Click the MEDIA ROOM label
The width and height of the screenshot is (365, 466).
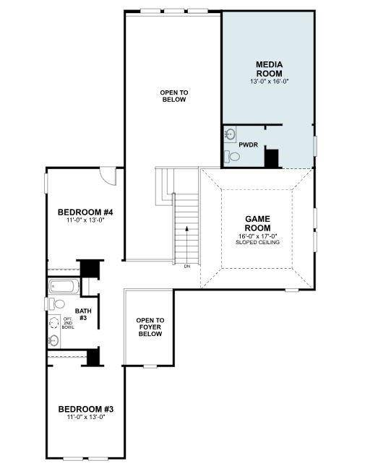coord(268,69)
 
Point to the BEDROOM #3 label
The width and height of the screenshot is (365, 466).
coord(86,409)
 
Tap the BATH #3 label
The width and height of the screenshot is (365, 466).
coord(83,314)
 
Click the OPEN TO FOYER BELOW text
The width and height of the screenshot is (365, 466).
coord(150,327)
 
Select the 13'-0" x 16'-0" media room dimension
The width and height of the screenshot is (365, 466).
coord(268,82)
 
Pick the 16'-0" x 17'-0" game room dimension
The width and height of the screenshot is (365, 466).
coord(257,235)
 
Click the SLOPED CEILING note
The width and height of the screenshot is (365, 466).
coord(257,242)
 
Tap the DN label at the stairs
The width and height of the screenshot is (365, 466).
coord(186,267)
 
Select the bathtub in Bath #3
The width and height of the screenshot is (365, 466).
coord(64,287)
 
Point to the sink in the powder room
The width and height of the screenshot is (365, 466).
coord(229,134)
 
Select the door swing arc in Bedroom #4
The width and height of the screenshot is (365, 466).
coord(107,176)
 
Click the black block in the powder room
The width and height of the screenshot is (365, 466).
coord(272,158)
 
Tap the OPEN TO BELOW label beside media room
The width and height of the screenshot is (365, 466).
coord(173,95)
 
